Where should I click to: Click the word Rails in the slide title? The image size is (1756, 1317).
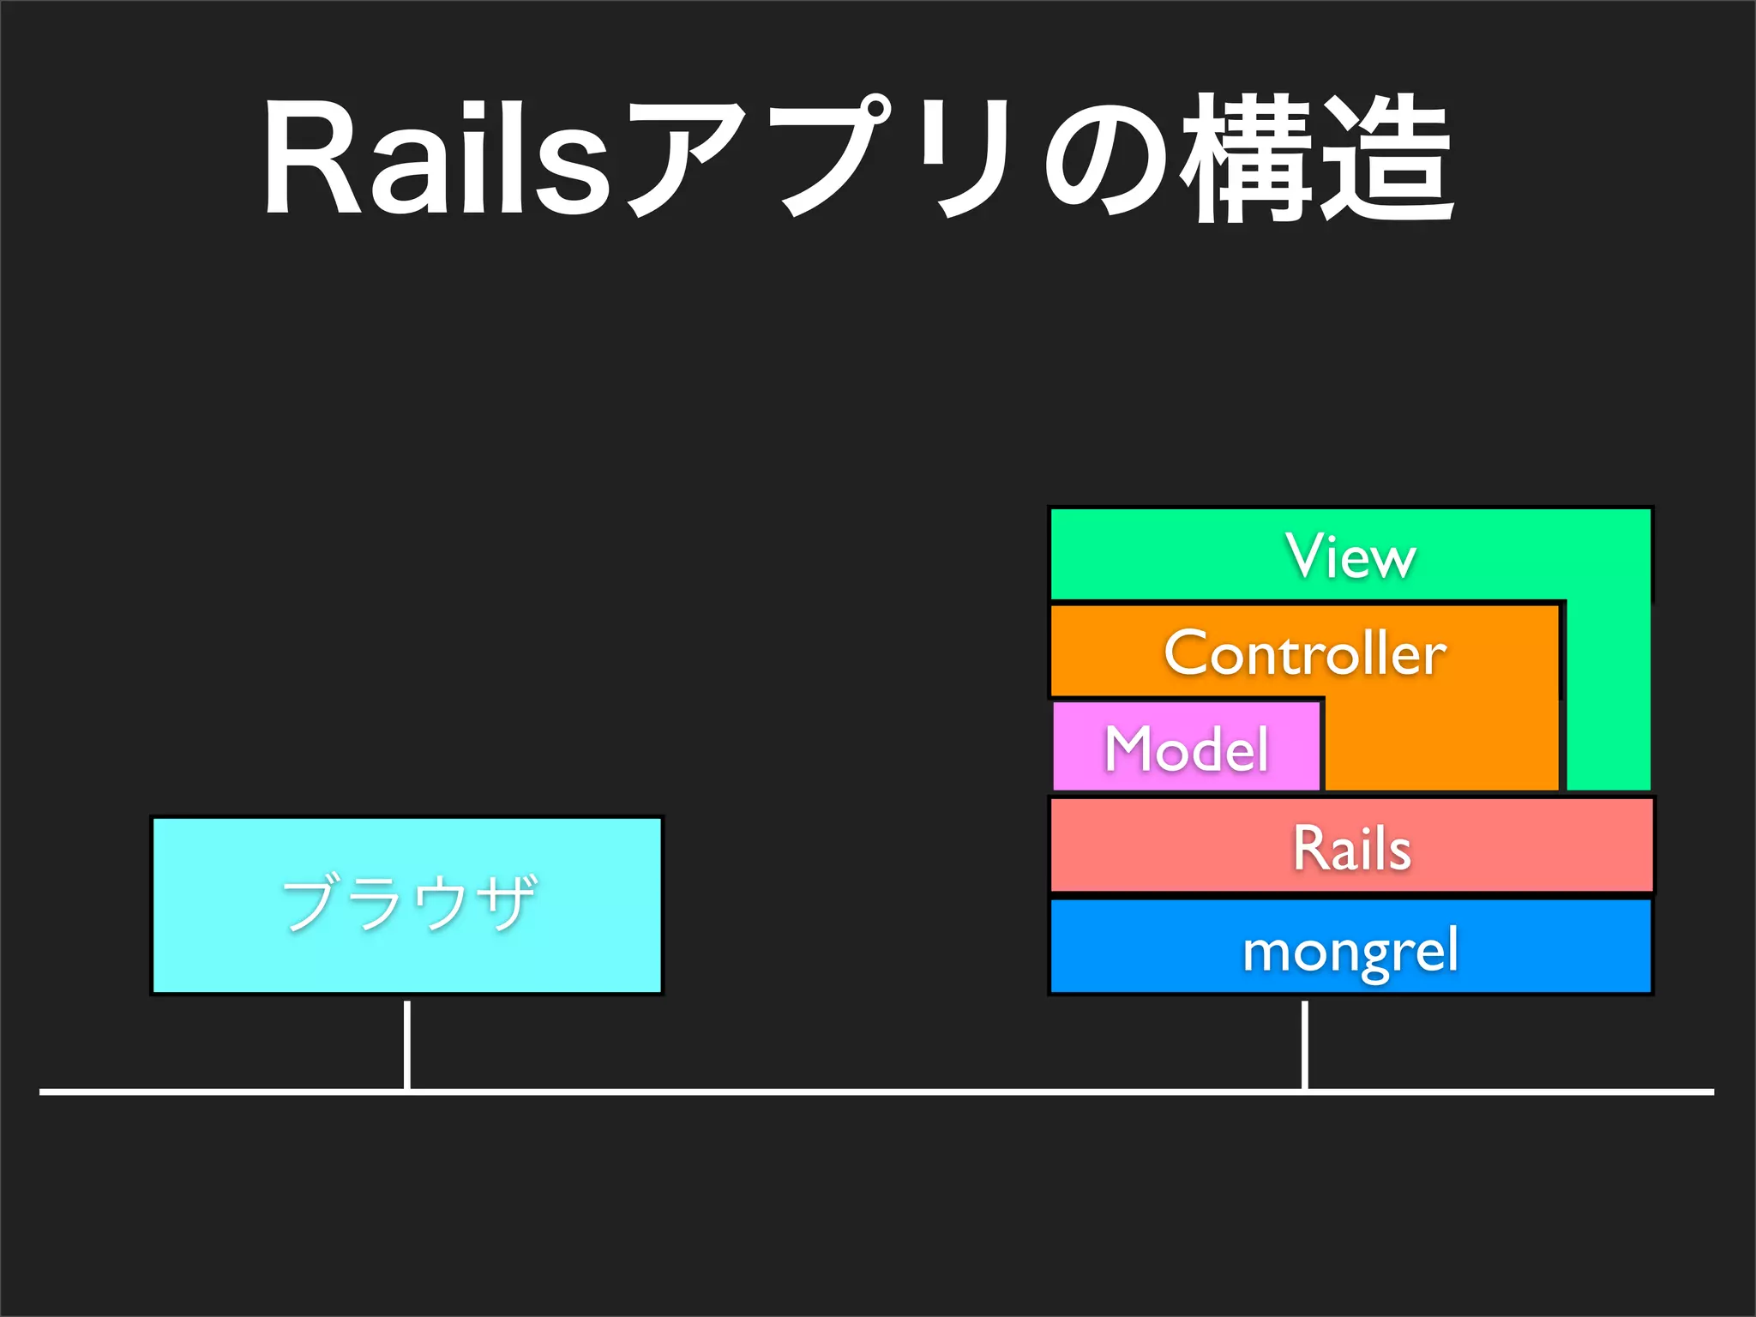[437, 159]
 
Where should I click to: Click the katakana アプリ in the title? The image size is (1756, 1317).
[823, 159]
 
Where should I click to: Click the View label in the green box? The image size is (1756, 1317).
[1350, 557]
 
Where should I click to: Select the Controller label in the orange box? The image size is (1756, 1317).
[1305, 653]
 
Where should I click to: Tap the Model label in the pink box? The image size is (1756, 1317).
[1187, 749]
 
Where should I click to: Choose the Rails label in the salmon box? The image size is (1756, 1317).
[1351, 848]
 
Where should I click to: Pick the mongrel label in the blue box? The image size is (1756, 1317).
[1350, 951]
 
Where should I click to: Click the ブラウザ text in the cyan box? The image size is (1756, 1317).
[409, 903]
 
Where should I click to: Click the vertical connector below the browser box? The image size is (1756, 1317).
[407, 1043]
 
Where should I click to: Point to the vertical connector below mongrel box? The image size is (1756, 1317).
[1304, 1043]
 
